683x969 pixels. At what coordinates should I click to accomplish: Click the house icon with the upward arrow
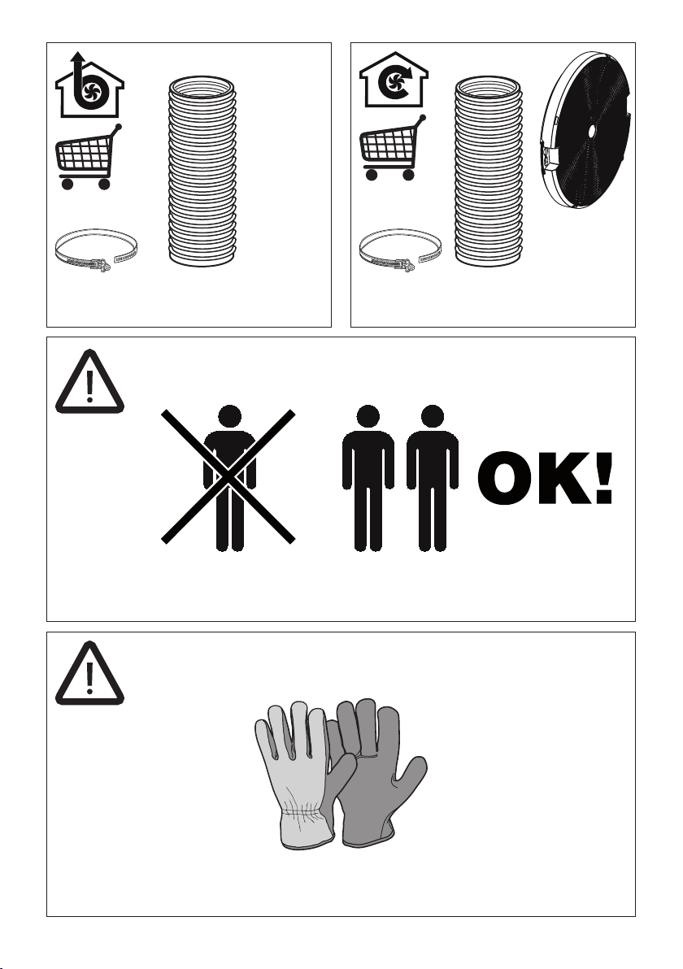(89, 86)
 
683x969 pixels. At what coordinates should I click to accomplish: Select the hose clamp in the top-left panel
(96, 250)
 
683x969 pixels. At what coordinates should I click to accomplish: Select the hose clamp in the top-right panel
(400, 250)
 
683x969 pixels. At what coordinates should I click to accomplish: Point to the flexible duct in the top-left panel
(202, 172)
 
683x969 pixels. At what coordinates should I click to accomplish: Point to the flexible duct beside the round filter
(489, 172)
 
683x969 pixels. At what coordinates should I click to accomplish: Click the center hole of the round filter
(591, 131)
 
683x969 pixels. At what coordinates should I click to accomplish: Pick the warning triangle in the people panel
(89, 381)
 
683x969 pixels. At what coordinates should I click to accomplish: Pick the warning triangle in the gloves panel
(89, 673)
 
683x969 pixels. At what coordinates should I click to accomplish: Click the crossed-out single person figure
(228, 477)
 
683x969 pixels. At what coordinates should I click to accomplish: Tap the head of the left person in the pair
(368, 416)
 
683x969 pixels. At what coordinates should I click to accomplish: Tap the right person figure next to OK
(432, 478)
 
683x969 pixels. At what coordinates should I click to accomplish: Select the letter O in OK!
(504, 478)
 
